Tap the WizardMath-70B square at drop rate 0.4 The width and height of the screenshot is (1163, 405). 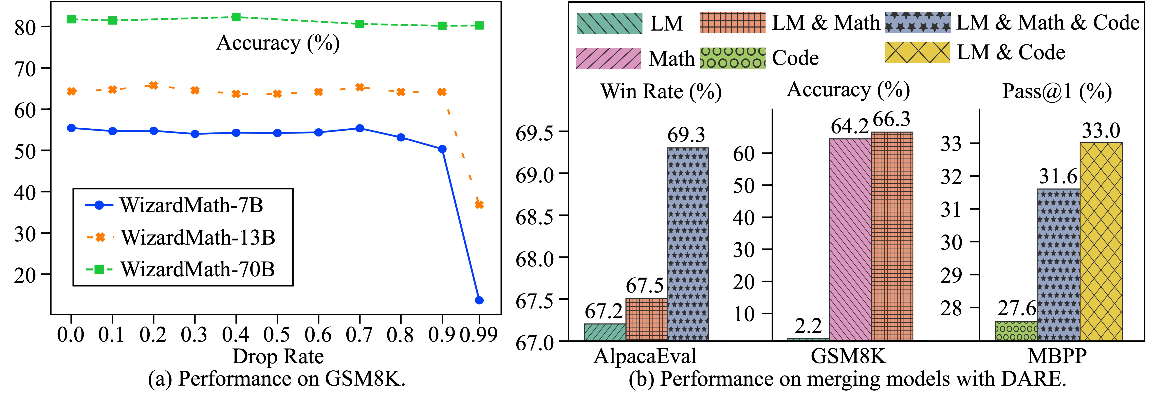coord(236,17)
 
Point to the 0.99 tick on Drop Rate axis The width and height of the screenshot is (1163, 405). coord(479,335)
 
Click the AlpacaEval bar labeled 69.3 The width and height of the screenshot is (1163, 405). coord(688,244)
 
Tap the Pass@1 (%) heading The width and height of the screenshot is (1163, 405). coord(1056,92)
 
